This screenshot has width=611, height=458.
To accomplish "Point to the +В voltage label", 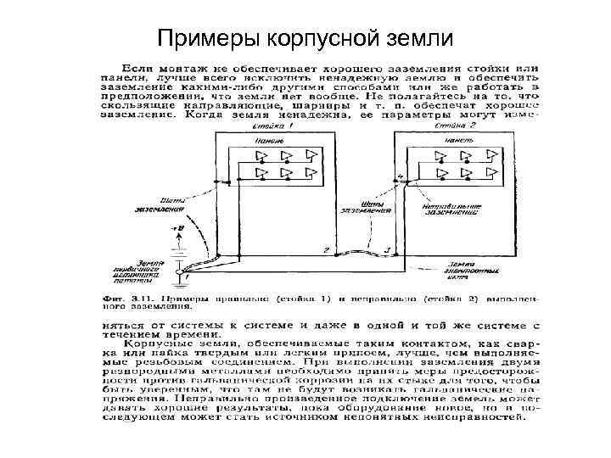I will click(x=177, y=228).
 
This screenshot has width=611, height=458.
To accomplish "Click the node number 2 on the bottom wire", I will click(x=326, y=250).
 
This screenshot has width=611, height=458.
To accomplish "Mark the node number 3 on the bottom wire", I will click(x=387, y=250).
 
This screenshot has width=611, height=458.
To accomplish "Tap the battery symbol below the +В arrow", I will click(x=178, y=249).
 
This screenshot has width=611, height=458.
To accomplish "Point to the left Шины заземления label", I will click(x=158, y=204).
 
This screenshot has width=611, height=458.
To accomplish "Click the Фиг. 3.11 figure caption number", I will click(x=145, y=299).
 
